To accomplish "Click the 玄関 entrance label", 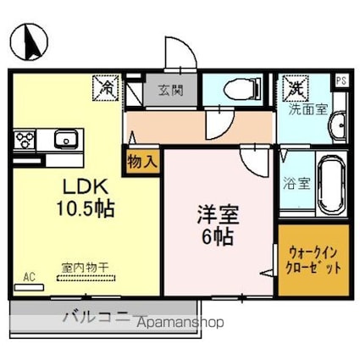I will pos(165,89).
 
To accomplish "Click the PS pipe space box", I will pos(341,80).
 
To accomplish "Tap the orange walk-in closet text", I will pos(312,258).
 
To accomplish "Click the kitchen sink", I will pos(64,138).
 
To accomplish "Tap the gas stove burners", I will pos(25,138).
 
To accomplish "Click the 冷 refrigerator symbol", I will pos(108,86).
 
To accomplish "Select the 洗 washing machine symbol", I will pos(294,86).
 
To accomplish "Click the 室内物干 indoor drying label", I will pos(85,269).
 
